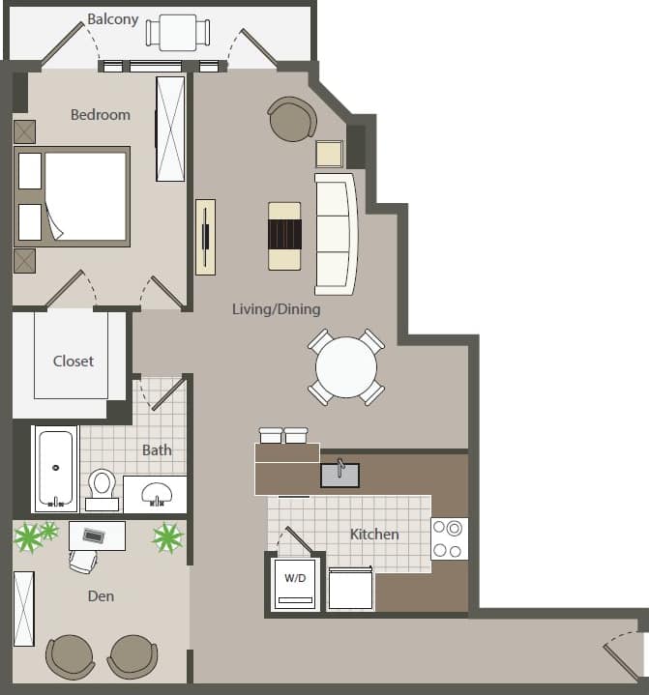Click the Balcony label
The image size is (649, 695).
(x=113, y=19)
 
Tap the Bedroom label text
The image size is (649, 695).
(x=100, y=115)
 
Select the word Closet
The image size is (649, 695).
(x=74, y=361)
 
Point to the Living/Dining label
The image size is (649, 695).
(x=276, y=309)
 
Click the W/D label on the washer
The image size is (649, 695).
(x=294, y=578)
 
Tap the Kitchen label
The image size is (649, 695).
(x=374, y=534)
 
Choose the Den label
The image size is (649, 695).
(x=101, y=596)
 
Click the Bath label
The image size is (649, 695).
(x=157, y=449)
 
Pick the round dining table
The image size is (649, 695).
(x=346, y=367)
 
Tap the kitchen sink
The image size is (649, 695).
(x=339, y=475)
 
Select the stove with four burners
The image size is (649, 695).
(x=449, y=538)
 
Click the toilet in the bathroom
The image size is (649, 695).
(x=102, y=486)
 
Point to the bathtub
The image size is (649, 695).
(x=55, y=469)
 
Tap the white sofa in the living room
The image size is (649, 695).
(x=334, y=234)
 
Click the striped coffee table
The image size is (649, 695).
(x=285, y=234)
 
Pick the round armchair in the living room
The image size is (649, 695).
(x=292, y=119)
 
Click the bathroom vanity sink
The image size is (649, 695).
(x=155, y=494)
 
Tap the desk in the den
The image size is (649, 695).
(x=97, y=535)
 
